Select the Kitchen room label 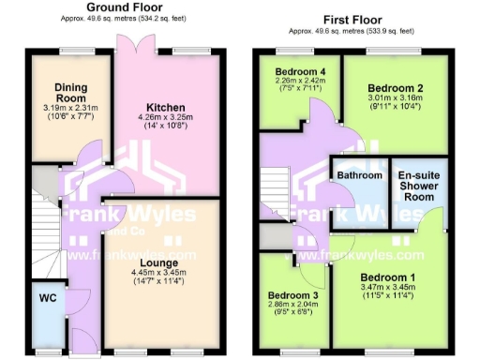[x=165, y=107]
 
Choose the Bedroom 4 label [x=299, y=71]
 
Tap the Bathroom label [x=360, y=175]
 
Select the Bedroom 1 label [x=386, y=277]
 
